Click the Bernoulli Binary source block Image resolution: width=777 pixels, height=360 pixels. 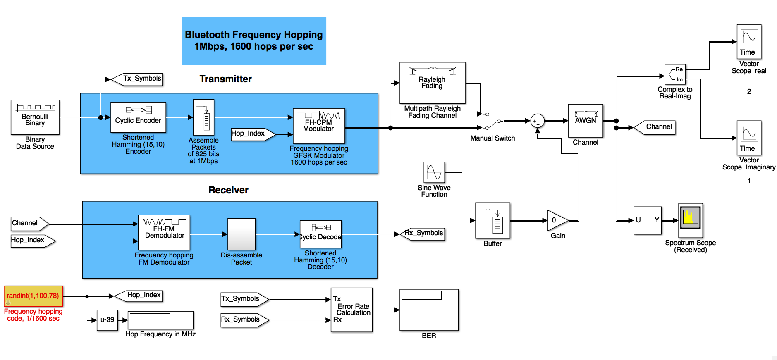[x=35, y=117]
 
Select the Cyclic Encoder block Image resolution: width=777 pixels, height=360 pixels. [x=138, y=117]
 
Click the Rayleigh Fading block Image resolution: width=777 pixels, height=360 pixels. [x=432, y=83]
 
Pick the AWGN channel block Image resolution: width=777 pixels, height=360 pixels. [x=586, y=120]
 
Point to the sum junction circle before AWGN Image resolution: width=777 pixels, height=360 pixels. [x=537, y=121]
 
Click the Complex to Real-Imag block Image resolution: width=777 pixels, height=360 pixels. [x=675, y=74]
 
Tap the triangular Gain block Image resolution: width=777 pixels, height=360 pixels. [x=557, y=220]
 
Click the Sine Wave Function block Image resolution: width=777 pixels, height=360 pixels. [x=434, y=172]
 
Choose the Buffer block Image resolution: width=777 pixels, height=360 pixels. [x=492, y=220]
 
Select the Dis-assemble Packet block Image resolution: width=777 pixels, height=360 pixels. [x=241, y=234]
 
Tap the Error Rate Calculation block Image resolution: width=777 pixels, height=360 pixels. [x=351, y=310]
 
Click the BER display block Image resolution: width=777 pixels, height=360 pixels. [x=429, y=310]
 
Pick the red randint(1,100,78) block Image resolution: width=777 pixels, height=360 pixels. [x=33, y=296]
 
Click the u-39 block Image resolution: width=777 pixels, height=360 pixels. [x=107, y=320]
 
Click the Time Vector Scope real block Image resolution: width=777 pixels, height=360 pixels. [x=748, y=41]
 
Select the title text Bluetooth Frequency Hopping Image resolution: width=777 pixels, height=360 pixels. [x=253, y=35]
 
